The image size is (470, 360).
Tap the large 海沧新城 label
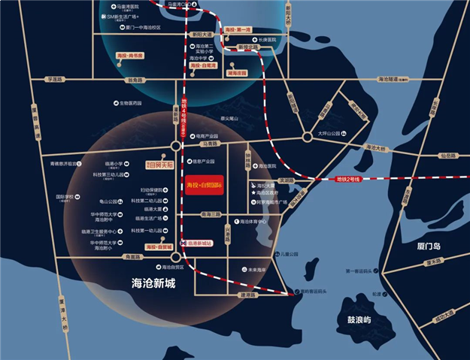point(153,284)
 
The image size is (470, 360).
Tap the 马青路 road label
point(209,143)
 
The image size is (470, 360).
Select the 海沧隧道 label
point(392,79)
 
